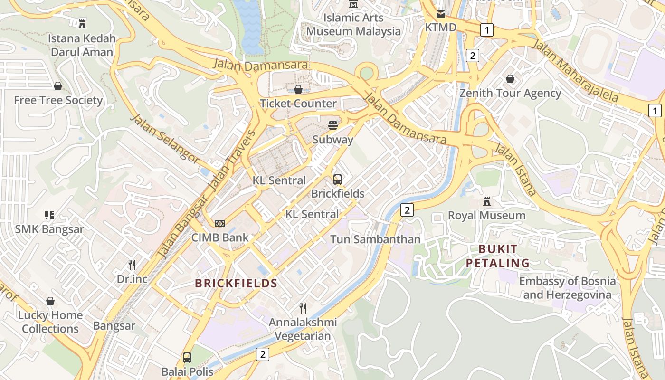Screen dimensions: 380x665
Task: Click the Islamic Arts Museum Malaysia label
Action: pyautogui.click(x=353, y=25)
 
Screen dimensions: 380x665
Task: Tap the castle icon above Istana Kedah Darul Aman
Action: pyautogui.click(x=82, y=23)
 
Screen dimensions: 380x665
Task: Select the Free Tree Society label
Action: pyautogui.click(x=58, y=100)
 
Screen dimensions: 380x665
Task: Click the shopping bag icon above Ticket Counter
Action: pyautogui.click(x=298, y=89)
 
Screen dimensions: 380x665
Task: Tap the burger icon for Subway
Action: pyautogui.click(x=333, y=125)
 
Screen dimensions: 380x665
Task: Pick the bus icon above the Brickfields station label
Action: pyautogui.click(x=338, y=180)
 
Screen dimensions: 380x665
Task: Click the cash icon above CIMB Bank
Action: pyautogui.click(x=219, y=223)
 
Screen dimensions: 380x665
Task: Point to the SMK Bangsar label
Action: pyautogui.click(x=49, y=229)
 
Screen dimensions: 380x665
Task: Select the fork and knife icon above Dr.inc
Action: pyautogui.click(x=132, y=265)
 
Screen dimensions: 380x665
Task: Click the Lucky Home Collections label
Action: pyautogui.click(x=50, y=322)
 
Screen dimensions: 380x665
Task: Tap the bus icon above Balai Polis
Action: pyautogui.click(x=187, y=357)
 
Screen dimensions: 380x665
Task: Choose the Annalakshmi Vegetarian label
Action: pyautogui.click(x=303, y=329)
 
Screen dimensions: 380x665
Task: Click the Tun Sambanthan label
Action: pyautogui.click(x=375, y=239)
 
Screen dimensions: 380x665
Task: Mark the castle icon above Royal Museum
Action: pyautogui.click(x=487, y=201)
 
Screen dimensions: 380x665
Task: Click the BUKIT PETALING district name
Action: pyautogui.click(x=498, y=256)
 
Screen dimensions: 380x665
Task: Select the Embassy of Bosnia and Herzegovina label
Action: pyautogui.click(x=567, y=288)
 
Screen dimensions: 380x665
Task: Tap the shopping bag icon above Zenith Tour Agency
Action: pyautogui.click(x=510, y=79)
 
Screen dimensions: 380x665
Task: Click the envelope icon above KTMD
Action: pyautogui.click(x=441, y=14)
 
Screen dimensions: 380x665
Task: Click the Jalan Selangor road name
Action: pyautogui.click(x=164, y=139)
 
